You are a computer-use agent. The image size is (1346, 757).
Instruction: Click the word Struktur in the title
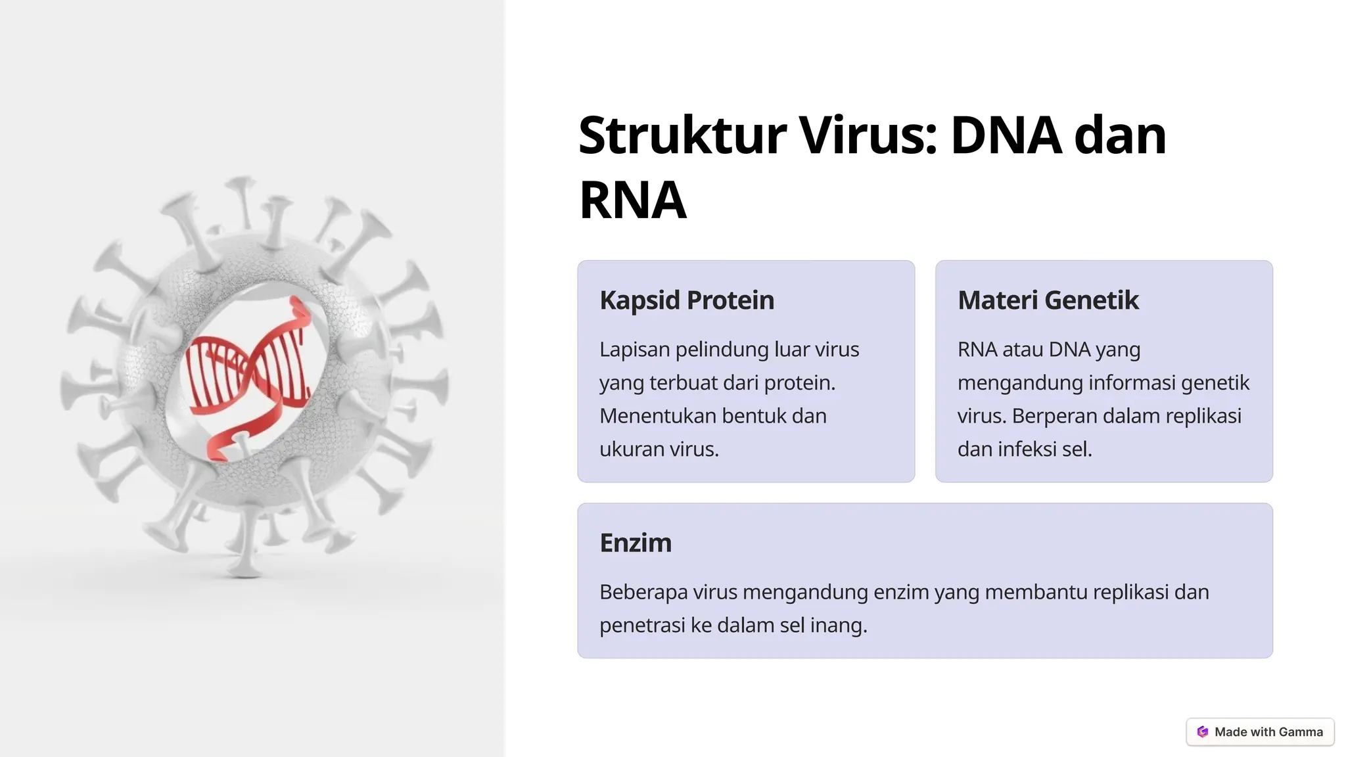pyautogui.click(x=682, y=135)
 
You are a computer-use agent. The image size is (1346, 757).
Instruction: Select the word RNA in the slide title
pyautogui.click(x=632, y=200)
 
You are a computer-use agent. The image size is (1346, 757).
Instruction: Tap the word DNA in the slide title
pyautogui.click(x=1006, y=135)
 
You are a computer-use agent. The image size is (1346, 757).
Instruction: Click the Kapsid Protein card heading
pyautogui.click(x=687, y=300)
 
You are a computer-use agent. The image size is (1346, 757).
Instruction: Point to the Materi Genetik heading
pyautogui.click(x=1048, y=300)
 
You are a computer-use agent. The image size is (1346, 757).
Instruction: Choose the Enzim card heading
pyautogui.click(x=636, y=543)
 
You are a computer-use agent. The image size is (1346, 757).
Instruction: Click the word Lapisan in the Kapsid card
pyautogui.click(x=634, y=350)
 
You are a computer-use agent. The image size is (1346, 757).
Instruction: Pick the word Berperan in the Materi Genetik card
pyautogui.click(x=1053, y=416)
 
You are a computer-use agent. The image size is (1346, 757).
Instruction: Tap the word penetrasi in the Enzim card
pyautogui.click(x=642, y=626)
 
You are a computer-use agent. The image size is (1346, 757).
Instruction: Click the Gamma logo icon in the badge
pyautogui.click(x=1203, y=732)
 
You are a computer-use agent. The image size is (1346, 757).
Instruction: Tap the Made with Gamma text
pyautogui.click(x=1268, y=732)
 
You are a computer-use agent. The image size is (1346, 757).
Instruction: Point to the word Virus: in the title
pyautogui.click(x=868, y=135)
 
